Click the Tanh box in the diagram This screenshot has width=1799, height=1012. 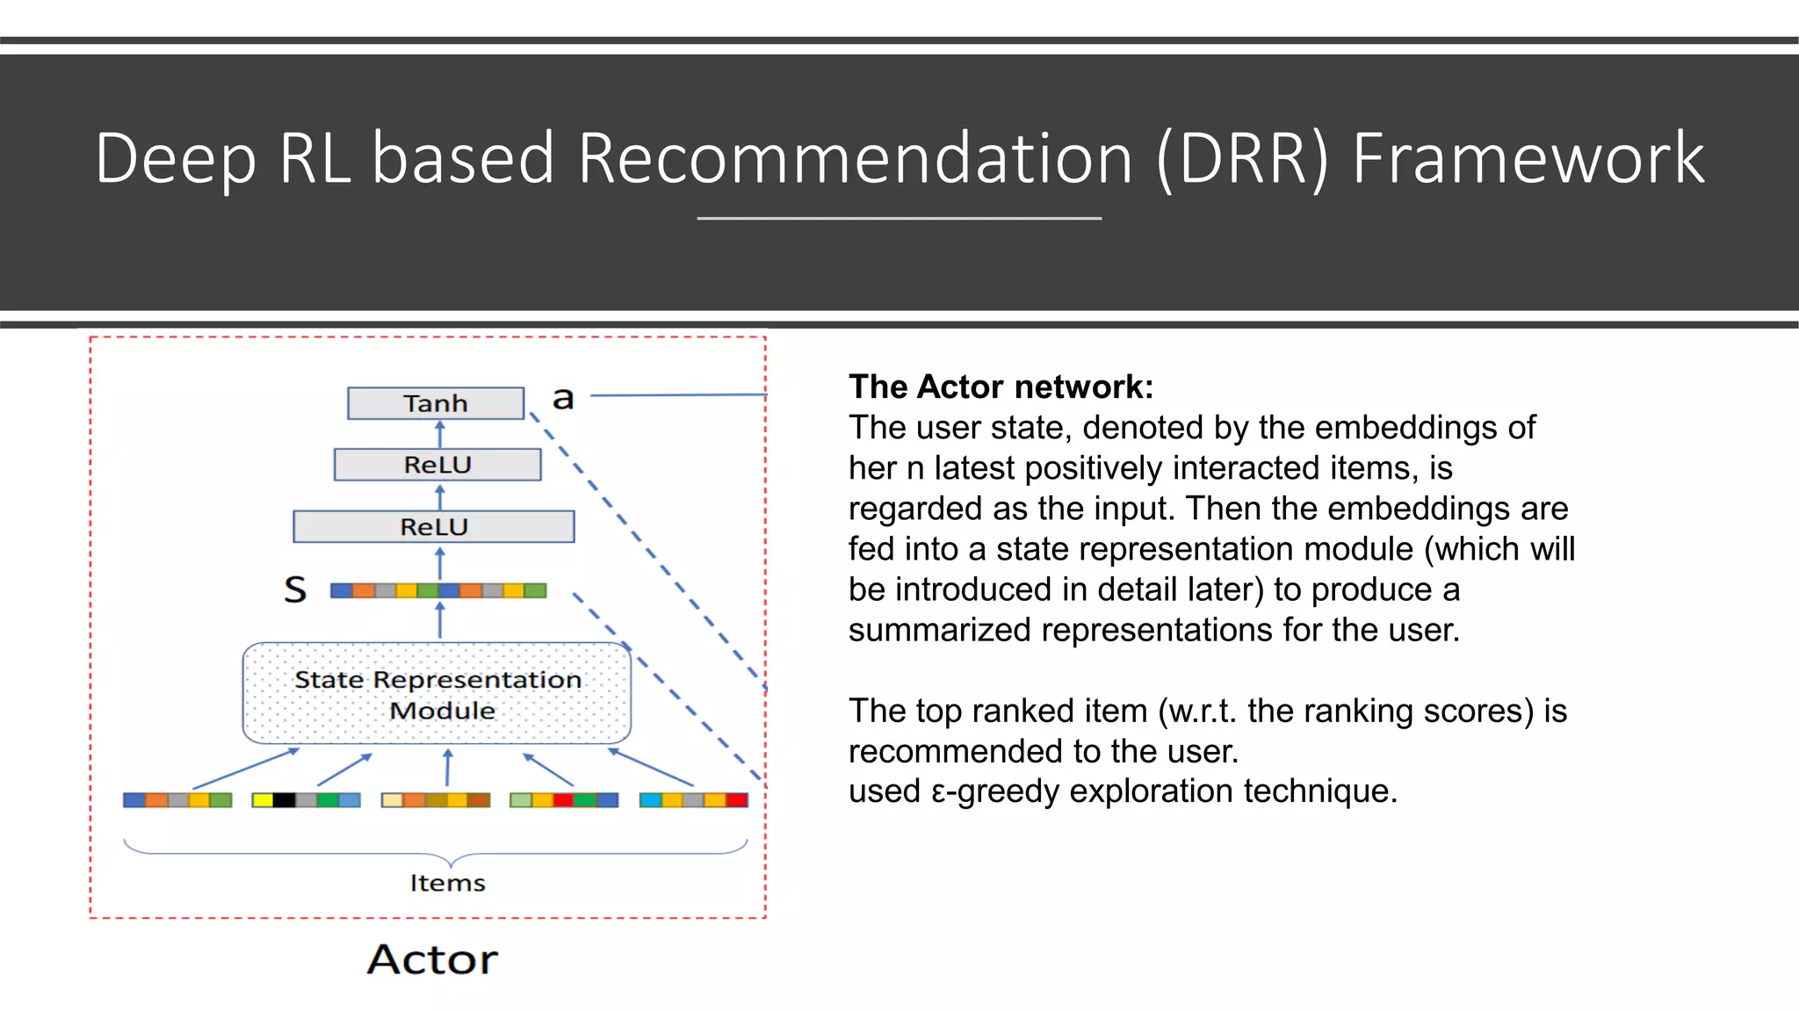[436, 403]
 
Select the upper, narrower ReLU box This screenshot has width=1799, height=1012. [437, 465]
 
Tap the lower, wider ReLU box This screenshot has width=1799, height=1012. [434, 527]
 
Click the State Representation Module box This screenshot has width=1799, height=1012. [437, 694]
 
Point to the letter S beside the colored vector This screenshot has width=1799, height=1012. [296, 589]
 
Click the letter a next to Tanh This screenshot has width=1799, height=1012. [563, 399]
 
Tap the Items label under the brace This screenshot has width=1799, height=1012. [447, 883]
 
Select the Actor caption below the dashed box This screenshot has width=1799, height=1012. [432, 959]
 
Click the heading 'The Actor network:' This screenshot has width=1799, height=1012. [1001, 387]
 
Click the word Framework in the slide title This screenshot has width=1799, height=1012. [1528, 159]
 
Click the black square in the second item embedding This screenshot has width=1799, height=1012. [284, 800]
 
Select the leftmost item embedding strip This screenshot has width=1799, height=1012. [177, 800]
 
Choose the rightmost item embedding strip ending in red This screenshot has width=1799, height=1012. [693, 800]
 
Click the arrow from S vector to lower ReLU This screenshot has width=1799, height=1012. [440, 563]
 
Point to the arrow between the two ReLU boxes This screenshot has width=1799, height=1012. [440, 496]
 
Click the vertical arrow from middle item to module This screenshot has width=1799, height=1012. [448, 768]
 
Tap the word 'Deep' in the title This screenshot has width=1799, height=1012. [175, 159]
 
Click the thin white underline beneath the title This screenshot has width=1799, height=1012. [899, 218]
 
